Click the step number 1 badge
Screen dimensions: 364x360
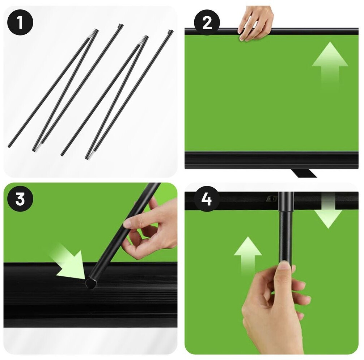click(x=20, y=22)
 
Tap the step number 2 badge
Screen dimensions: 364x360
click(x=207, y=22)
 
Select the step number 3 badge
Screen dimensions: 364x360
click(x=20, y=199)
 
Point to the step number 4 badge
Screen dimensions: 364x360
click(x=207, y=199)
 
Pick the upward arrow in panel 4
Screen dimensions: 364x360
click(x=248, y=256)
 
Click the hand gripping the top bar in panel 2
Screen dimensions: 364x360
click(x=255, y=23)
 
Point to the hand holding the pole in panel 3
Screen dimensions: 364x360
click(x=149, y=230)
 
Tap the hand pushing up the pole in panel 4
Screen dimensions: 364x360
click(x=275, y=307)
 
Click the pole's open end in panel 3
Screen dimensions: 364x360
click(x=90, y=284)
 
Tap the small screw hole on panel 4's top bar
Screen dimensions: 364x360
click(x=271, y=198)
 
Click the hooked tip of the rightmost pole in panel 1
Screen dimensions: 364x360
click(x=170, y=32)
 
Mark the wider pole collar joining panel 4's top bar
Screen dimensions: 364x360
click(x=286, y=201)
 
